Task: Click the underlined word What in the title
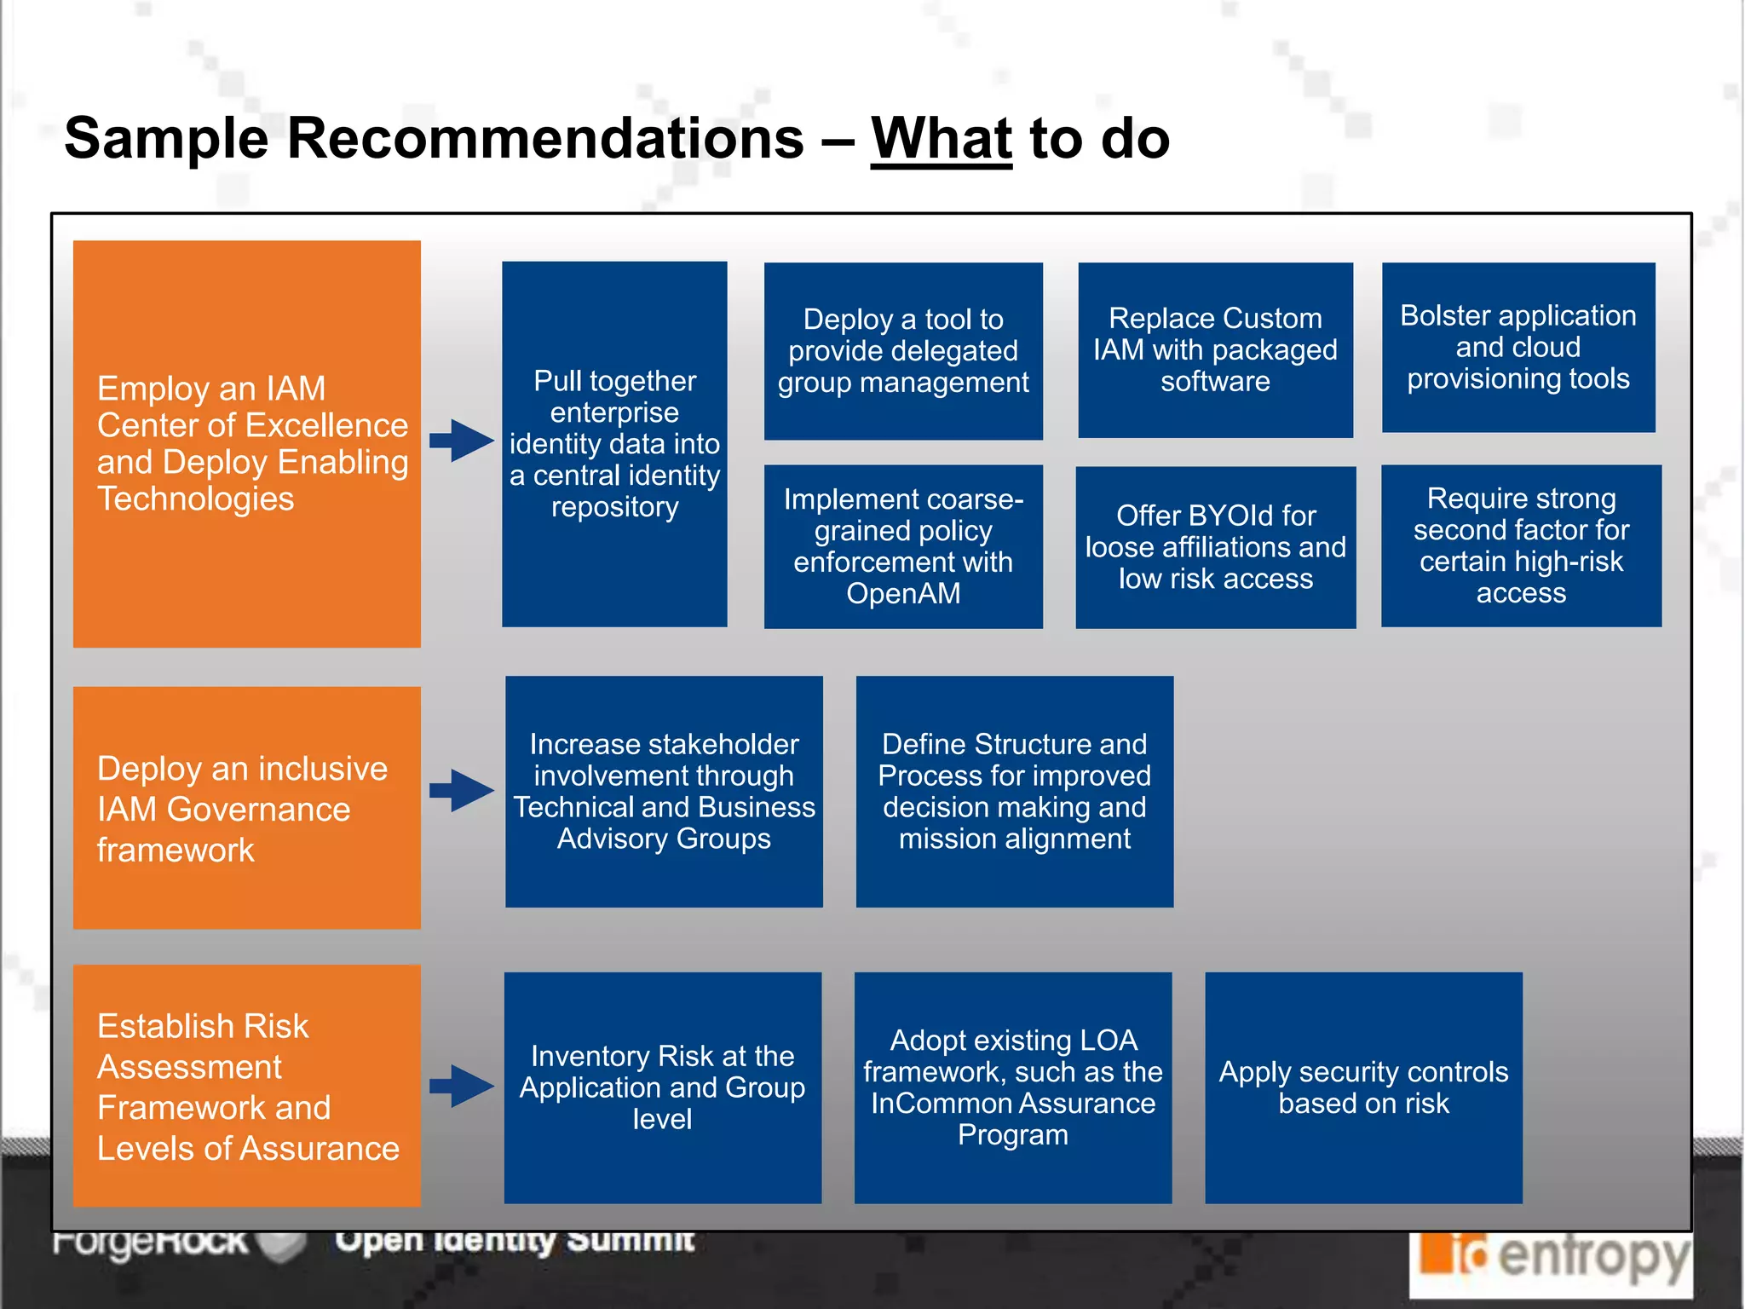(941, 138)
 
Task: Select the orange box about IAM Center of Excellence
(246, 443)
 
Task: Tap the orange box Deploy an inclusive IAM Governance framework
(246, 808)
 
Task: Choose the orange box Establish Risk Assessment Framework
(246, 1085)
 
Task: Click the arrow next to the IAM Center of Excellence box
(461, 441)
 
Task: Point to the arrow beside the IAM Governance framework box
(461, 791)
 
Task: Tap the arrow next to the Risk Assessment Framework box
(461, 1086)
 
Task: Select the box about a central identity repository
(614, 444)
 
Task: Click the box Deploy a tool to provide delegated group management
(903, 351)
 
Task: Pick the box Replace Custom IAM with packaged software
(1215, 350)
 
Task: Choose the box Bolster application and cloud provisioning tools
(1518, 348)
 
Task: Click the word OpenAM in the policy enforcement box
(903, 593)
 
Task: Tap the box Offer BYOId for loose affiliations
(1215, 547)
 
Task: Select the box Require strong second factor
(1521, 545)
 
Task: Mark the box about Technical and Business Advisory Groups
(664, 792)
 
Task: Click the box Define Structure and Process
(1014, 792)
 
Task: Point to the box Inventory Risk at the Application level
(662, 1087)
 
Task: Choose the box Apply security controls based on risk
(1363, 1087)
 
